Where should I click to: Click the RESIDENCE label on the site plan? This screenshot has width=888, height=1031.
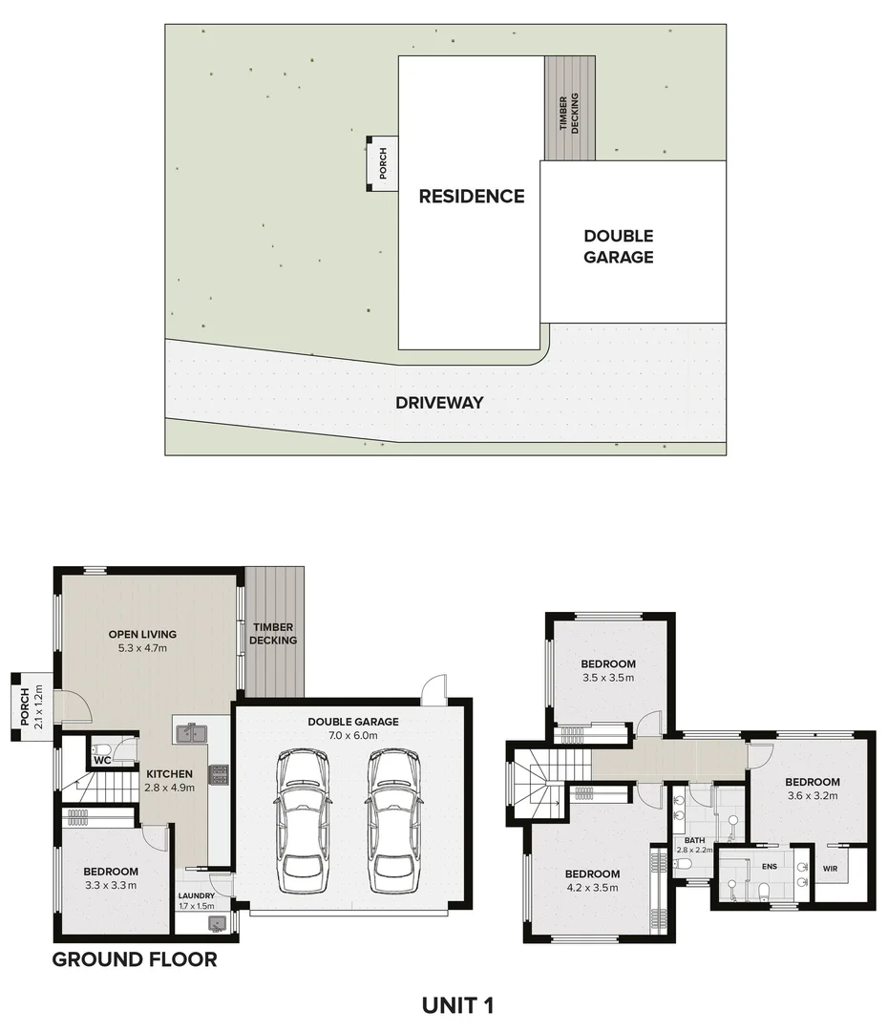[472, 197]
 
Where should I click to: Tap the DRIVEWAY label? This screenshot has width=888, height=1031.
[439, 403]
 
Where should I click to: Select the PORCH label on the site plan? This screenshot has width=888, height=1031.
[383, 164]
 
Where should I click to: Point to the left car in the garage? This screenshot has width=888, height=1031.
[303, 820]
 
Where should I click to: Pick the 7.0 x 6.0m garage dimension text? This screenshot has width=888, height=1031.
[352, 736]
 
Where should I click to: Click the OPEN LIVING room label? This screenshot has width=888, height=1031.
[142, 634]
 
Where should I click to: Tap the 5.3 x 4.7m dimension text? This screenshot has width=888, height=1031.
[142, 648]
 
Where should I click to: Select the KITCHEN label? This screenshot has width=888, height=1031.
[170, 774]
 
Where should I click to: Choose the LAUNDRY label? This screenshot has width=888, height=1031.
[197, 895]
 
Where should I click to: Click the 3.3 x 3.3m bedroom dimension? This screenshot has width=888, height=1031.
[110, 885]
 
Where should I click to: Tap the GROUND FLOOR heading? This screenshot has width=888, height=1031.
[134, 959]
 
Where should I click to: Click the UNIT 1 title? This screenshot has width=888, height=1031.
[457, 1004]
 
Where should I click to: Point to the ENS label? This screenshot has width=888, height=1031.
[770, 868]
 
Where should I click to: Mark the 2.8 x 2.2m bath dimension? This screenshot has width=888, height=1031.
[694, 850]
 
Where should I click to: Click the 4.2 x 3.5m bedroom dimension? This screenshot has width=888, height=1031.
[592, 888]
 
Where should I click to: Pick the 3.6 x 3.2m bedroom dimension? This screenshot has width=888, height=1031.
[813, 795]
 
